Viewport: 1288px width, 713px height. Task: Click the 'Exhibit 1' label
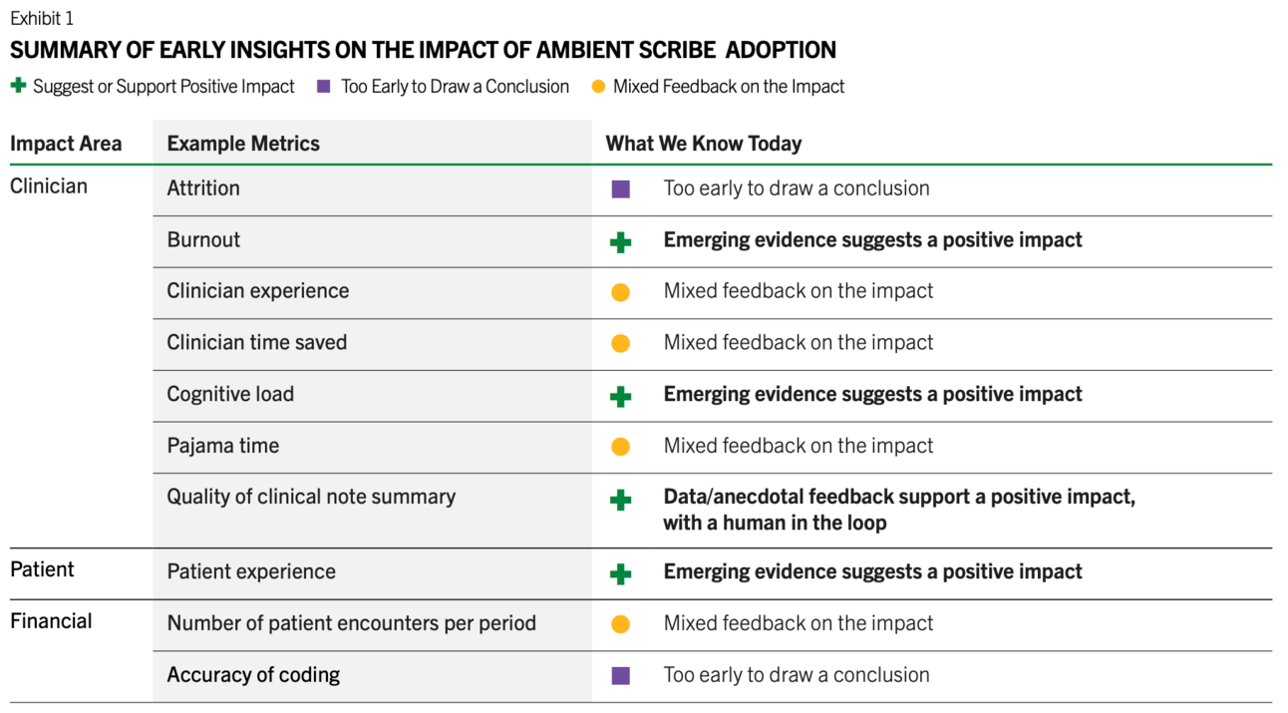[x=42, y=18]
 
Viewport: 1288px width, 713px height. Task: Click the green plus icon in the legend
[x=18, y=86]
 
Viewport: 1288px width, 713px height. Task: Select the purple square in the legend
[x=324, y=86]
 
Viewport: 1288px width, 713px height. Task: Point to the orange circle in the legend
[x=598, y=86]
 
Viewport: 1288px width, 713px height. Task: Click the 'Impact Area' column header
[x=66, y=144]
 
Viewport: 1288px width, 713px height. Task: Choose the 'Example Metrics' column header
[x=243, y=144]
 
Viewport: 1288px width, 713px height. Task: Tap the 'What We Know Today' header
[x=703, y=144]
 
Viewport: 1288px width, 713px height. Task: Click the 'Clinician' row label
[x=49, y=186]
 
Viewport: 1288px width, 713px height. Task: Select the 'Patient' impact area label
[x=42, y=569]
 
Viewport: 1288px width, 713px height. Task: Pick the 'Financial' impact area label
[x=51, y=621]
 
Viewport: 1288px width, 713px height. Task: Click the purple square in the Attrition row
[x=620, y=189]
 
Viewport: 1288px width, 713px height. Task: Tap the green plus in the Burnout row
[x=620, y=242]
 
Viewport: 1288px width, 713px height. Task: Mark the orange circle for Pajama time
[x=620, y=447]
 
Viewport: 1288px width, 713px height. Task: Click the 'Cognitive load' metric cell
[x=230, y=394]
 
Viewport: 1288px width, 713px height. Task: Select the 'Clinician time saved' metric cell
[x=257, y=342]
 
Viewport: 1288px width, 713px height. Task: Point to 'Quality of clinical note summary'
[x=311, y=497]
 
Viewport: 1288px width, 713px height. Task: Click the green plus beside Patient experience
[x=620, y=573]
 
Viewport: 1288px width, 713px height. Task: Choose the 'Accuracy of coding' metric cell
[x=253, y=674]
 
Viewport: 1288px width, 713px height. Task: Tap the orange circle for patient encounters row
[x=620, y=624]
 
